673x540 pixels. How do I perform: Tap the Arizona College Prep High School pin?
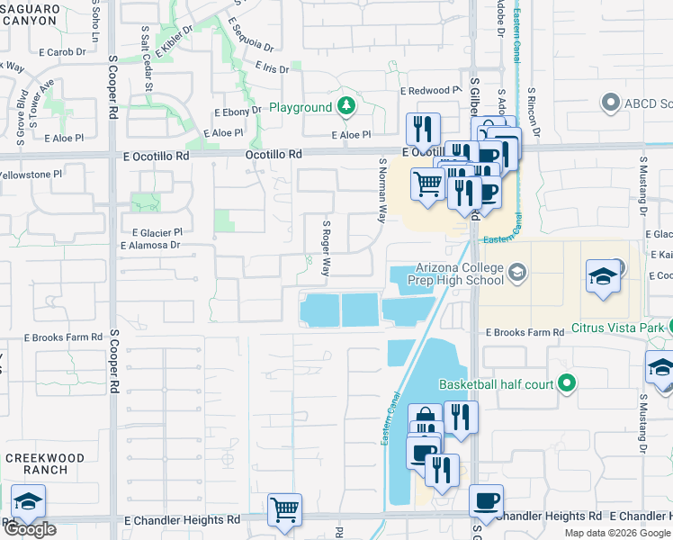pyautogui.click(x=517, y=271)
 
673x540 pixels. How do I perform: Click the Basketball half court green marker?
pyautogui.click(x=566, y=384)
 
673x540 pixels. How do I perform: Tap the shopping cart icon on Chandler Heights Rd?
pyautogui.click(x=285, y=508)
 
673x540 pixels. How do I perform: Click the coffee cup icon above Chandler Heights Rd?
pyautogui.click(x=486, y=500)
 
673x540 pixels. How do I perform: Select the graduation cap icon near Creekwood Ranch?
pyautogui.click(x=28, y=500)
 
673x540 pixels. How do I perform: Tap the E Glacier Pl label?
pyautogui.click(x=157, y=231)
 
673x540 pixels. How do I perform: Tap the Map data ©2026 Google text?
pyautogui.click(x=617, y=533)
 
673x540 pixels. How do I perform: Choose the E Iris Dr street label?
pyautogui.click(x=272, y=68)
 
